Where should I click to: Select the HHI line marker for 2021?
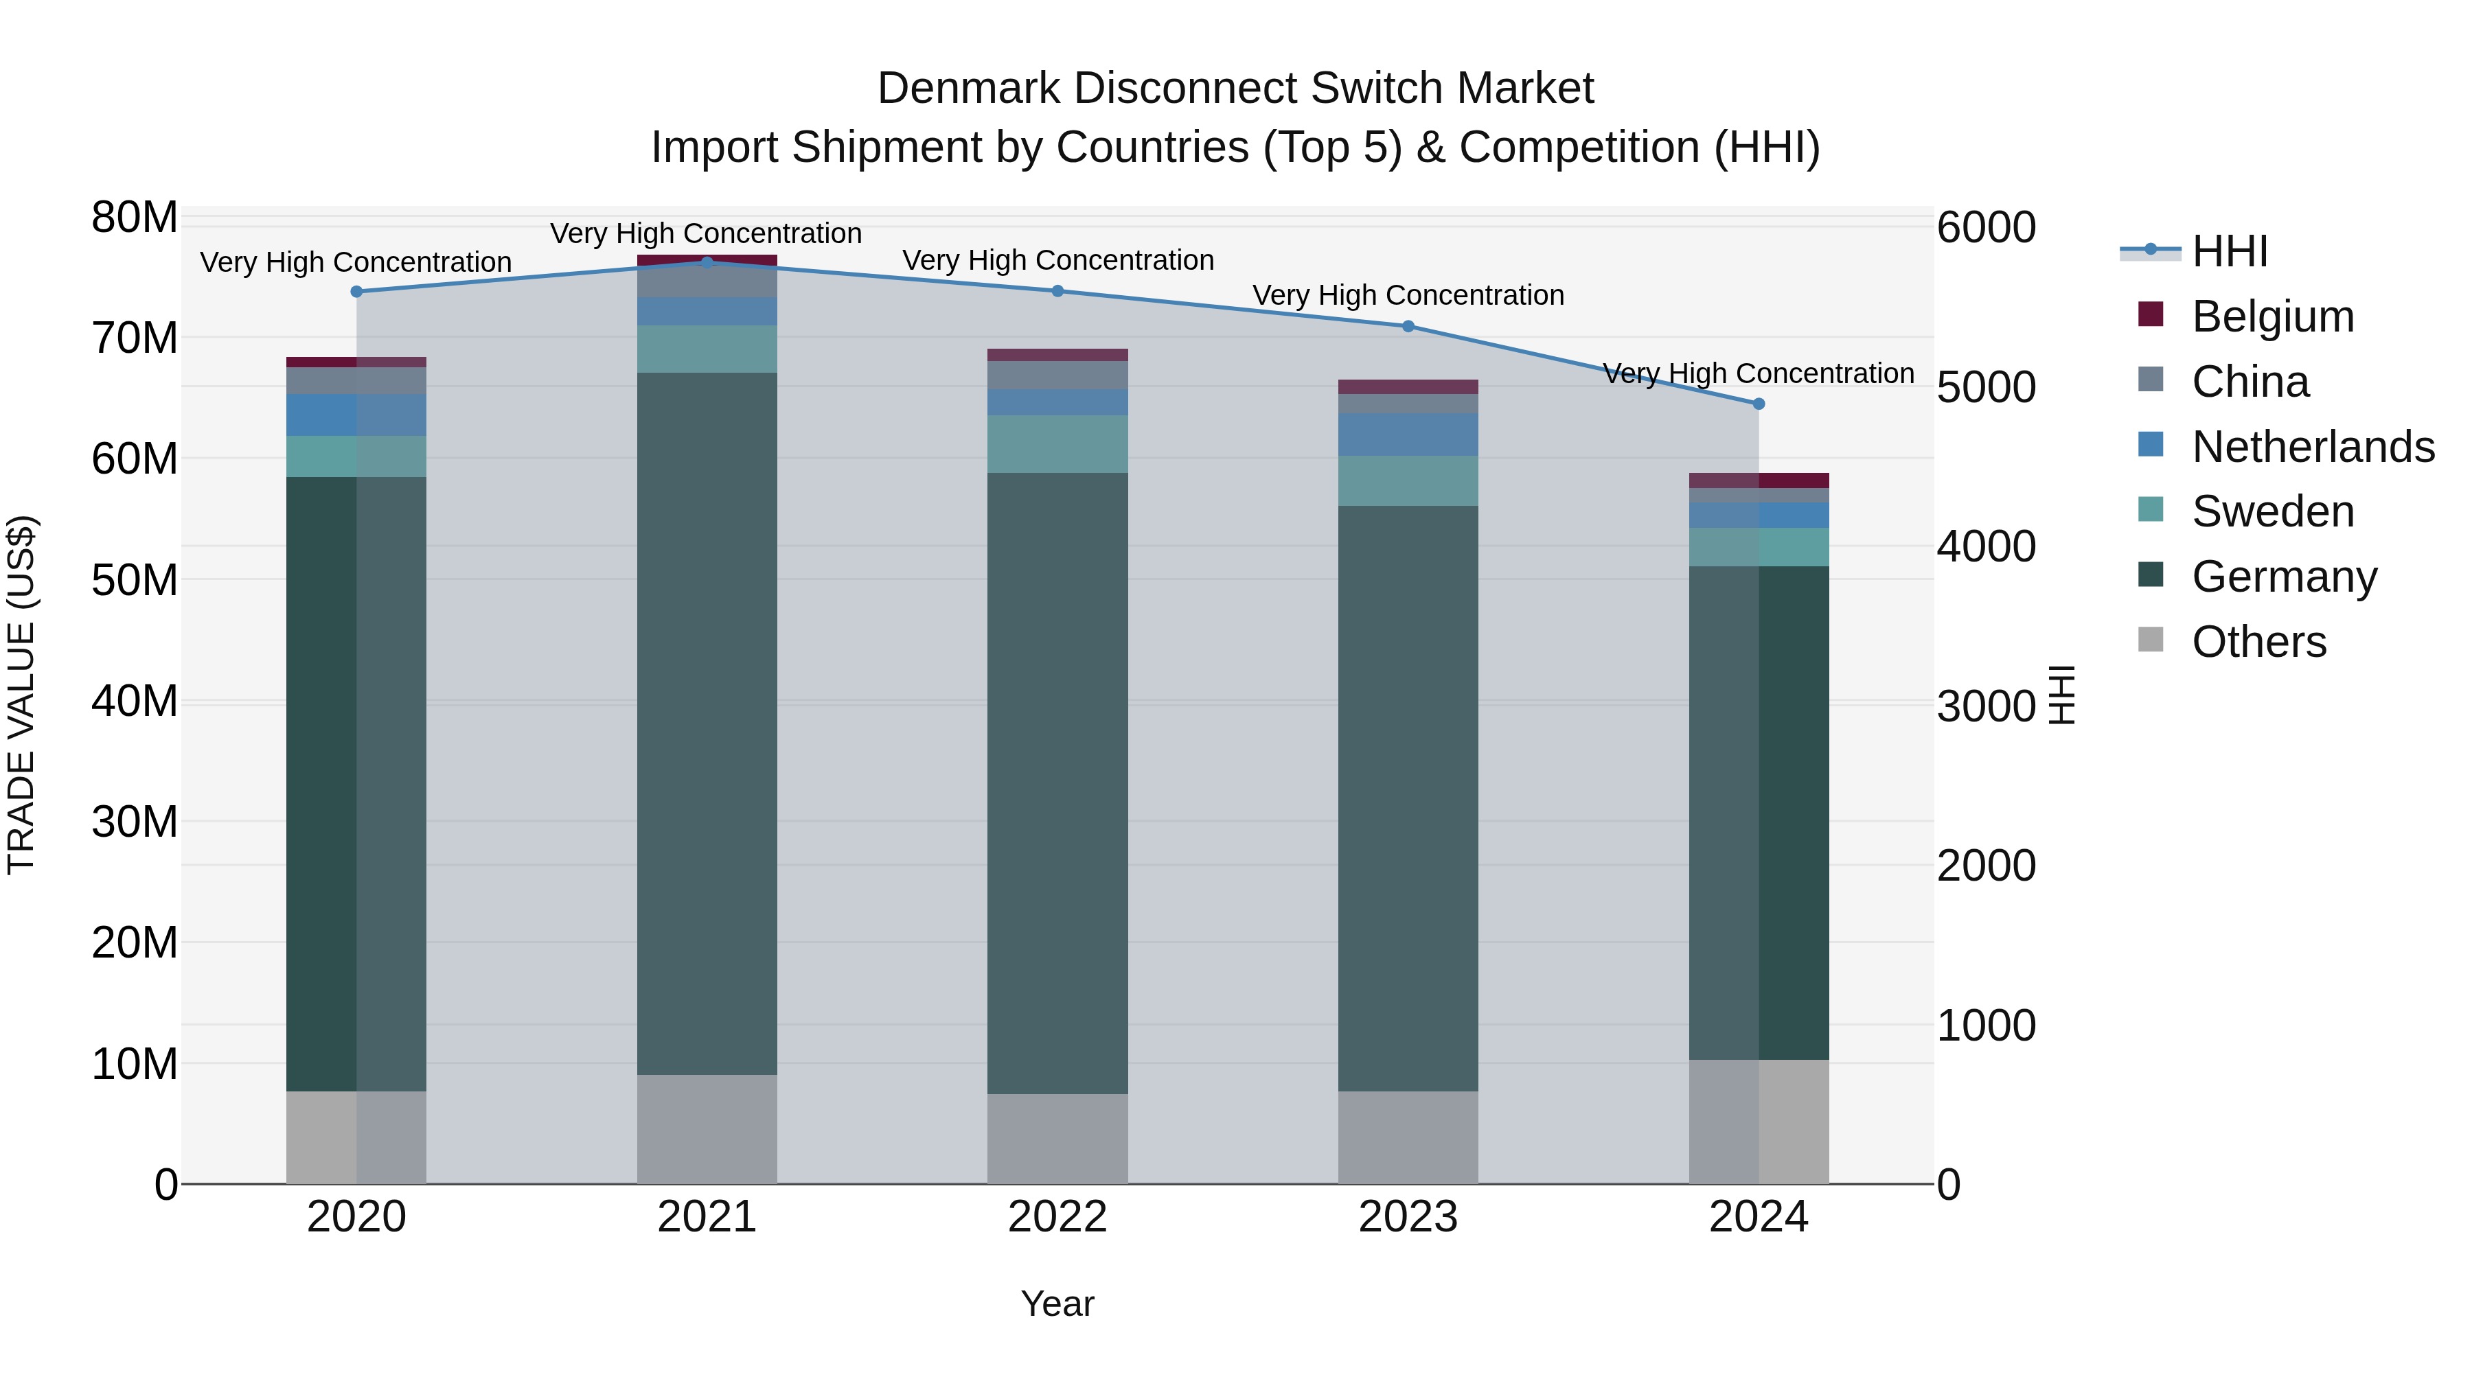[707, 262]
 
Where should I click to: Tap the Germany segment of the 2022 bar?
[1057, 782]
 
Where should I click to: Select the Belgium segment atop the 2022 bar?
[1057, 355]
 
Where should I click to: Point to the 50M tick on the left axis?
[135, 580]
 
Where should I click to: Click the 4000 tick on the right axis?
[1985, 547]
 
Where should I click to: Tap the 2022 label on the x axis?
[1057, 1217]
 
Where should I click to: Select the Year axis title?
[1057, 1304]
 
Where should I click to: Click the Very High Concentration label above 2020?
[355, 262]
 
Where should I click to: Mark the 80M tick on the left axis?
[135, 218]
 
